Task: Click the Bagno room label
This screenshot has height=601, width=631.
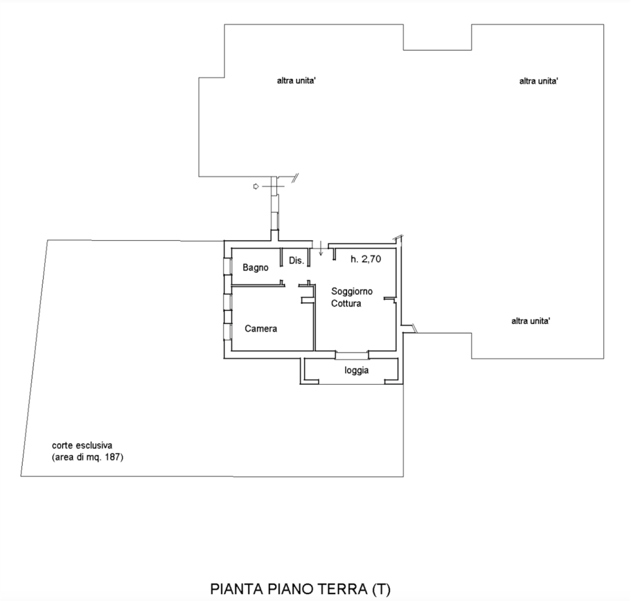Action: (x=256, y=267)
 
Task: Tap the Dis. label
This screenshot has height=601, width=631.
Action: (x=297, y=260)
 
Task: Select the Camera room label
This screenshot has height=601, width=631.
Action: (x=261, y=329)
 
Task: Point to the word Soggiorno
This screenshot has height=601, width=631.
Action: (x=351, y=291)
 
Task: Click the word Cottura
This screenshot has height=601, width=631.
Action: (x=346, y=303)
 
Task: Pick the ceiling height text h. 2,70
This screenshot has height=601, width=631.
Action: (x=366, y=259)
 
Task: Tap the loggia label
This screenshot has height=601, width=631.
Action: (x=357, y=370)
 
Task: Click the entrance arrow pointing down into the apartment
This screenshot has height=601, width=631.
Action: (x=321, y=248)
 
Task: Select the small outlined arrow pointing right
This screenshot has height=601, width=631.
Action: (x=256, y=186)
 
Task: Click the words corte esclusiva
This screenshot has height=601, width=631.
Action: (x=82, y=446)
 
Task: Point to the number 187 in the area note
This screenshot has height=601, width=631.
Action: (x=113, y=457)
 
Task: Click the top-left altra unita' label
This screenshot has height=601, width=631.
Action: (x=296, y=81)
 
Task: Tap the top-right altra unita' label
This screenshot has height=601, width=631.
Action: (x=538, y=81)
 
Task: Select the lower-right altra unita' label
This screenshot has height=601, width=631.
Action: (x=531, y=321)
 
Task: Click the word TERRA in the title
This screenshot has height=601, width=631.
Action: (x=343, y=590)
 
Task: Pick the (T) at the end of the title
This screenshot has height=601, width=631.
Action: (x=380, y=590)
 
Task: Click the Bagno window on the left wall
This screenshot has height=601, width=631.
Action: (x=228, y=265)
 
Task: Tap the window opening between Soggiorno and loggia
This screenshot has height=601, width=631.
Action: (x=352, y=355)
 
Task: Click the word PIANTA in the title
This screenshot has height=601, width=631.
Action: (x=236, y=590)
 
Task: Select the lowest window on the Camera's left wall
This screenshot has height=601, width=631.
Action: (x=228, y=332)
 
